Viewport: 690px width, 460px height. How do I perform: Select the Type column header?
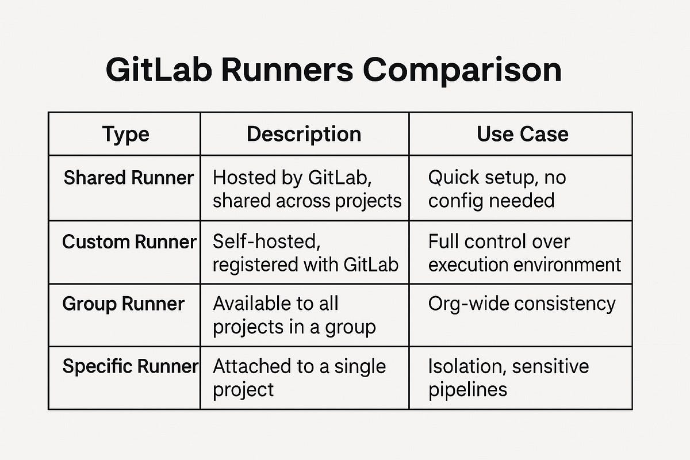[x=125, y=134]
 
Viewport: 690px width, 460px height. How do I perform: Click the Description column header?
[x=304, y=134]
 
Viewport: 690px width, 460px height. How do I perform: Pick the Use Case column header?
[x=522, y=134]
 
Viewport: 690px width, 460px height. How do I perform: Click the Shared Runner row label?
[x=128, y=178]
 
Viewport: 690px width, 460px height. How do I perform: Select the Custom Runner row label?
[x=129, y=241]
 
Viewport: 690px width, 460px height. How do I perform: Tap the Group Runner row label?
[x=123, y=304]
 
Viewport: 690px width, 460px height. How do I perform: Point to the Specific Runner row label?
[x=130, y=366]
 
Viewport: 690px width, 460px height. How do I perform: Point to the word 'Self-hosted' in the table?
[x=264, y=241]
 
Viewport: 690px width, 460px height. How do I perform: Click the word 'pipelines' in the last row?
[x=467, y=390]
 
